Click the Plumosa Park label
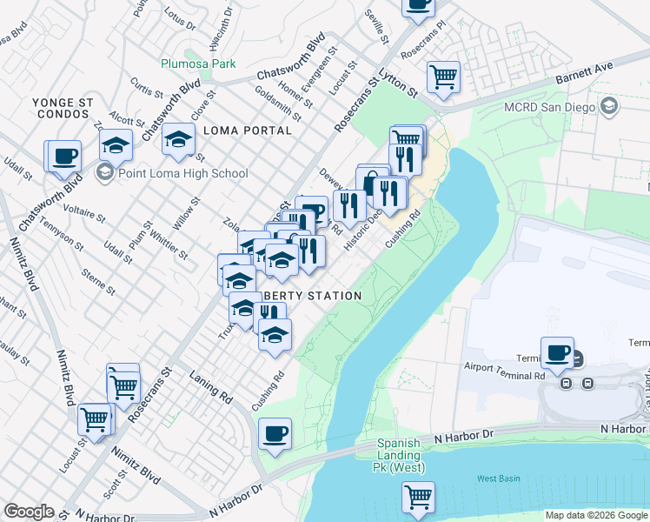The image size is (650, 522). (198, 64)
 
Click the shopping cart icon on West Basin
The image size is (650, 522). (418, 498)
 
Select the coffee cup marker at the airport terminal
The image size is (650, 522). (557, 353)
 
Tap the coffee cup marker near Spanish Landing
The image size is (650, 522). (275, 434)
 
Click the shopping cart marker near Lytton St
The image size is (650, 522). (444, 77)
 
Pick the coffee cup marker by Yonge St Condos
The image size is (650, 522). (64, 157)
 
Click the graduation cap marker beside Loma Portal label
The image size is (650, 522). (178, 140)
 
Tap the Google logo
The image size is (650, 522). (29, 512)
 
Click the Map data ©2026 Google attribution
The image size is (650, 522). (595, 515)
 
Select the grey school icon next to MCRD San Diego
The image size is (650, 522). (609, 107)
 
